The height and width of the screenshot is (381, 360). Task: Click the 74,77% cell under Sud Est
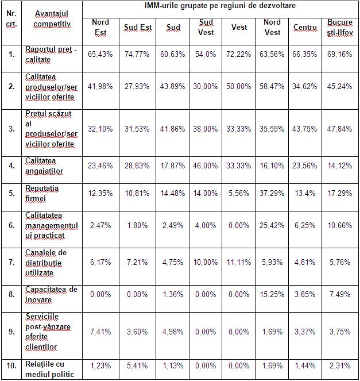click(136, 59)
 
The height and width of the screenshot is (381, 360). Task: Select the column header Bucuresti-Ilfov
click(340, 28)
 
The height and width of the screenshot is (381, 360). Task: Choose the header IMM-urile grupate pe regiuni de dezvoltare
click(220, 7)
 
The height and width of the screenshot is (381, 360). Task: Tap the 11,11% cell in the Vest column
click(239, 262)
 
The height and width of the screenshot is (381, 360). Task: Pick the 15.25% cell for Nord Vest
click(272, 294)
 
